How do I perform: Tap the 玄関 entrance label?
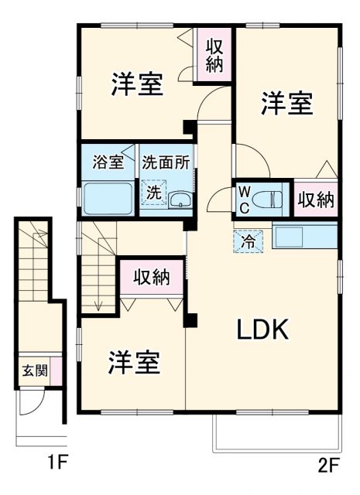point(33,370)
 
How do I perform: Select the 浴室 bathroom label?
point(108,163)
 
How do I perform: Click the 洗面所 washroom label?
point(165,163)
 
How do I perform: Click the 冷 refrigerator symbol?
point(248,241)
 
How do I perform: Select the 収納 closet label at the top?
point(214,54)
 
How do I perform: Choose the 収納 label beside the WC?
point(315,199)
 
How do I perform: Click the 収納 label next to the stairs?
point(151,276)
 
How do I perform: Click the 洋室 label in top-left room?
point(136,85)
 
